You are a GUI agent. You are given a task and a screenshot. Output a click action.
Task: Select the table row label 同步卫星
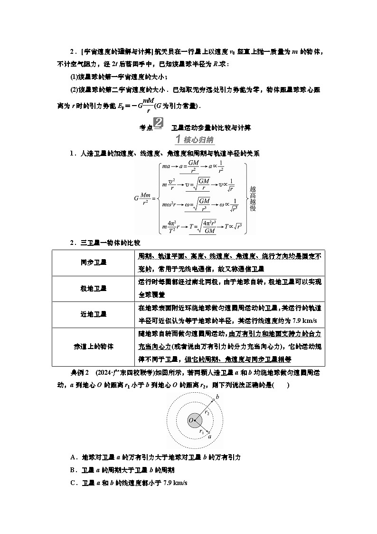coord(94,262)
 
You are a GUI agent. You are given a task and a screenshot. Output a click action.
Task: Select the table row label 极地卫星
coord(94,288)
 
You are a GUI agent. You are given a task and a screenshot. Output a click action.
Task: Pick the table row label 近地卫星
coord(94,314)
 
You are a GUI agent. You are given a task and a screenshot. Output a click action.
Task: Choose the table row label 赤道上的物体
coord(94,346)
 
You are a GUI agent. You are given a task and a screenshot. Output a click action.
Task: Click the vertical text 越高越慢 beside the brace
coord(252,197)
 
